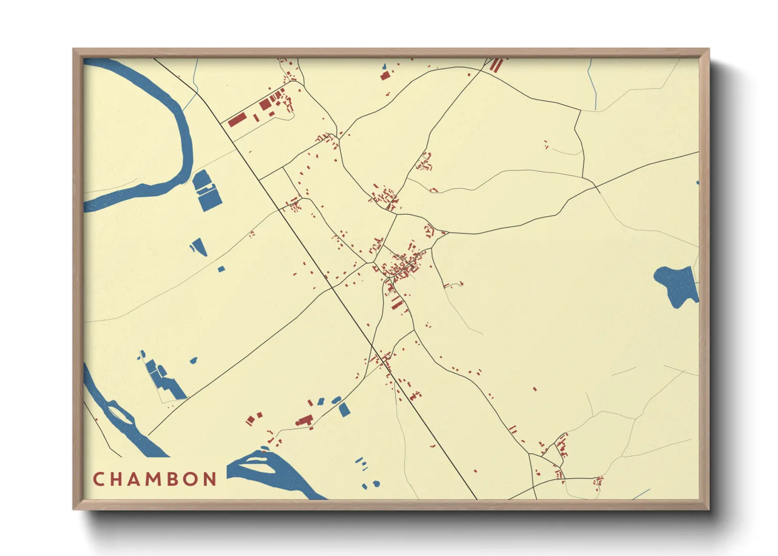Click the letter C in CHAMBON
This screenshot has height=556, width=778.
point(98,479)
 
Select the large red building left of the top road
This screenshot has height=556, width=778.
point(237,120)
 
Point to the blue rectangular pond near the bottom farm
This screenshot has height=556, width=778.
point(344,409)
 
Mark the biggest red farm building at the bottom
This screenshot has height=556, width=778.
point(304,420)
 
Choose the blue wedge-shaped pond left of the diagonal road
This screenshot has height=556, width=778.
point(199,246)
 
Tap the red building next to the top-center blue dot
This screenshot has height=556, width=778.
point(385,76)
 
